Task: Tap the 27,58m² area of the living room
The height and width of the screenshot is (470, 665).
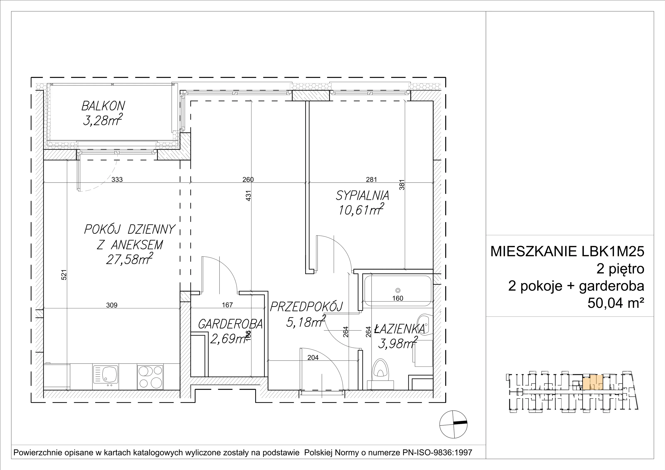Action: (129, 259)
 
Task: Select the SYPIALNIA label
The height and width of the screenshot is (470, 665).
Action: (362, 196)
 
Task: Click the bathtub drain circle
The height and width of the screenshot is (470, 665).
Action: (398, 290)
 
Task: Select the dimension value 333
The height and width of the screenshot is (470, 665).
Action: (117, 180)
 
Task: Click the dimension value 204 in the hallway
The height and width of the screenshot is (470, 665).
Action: (313, 358)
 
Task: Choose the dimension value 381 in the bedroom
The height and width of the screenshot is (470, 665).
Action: (401, 185)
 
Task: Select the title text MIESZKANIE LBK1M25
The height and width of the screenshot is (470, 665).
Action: (567, 251)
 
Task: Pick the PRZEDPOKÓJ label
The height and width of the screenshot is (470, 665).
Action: (307, 306)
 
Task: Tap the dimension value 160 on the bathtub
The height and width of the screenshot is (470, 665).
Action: (398, 298)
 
